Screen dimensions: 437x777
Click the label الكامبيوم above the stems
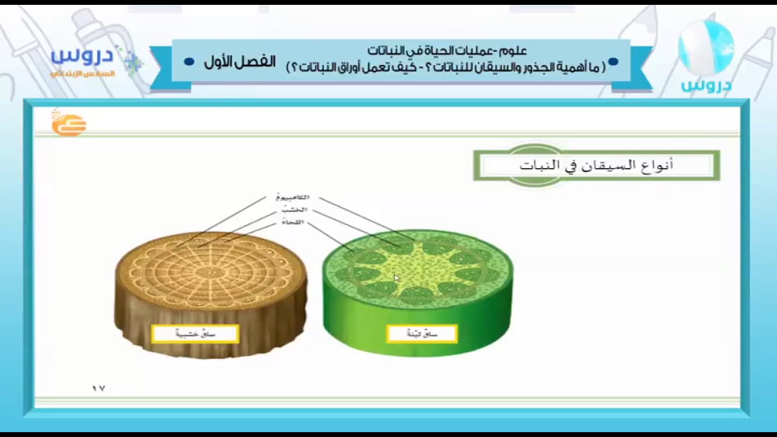coord(293,197)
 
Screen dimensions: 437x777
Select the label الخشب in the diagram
coord(294,210)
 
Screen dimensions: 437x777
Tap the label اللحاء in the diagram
coord(293,223)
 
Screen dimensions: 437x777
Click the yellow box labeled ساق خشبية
coord(195,334)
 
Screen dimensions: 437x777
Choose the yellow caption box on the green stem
coord(422,334)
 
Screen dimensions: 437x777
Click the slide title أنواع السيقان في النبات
coord(596,165)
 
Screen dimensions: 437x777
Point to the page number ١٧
coord(98,388)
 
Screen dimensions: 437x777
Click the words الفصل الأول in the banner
coord(240,62)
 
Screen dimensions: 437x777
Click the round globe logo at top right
coord(706,49)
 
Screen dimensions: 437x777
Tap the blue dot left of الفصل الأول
coord(189,62)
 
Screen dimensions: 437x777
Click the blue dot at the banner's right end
coord(613,61)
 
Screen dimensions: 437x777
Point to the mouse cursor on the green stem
coord(396,278)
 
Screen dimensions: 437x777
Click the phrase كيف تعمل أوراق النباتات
coord(358,67)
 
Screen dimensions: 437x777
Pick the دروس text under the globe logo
coord(706,85)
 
